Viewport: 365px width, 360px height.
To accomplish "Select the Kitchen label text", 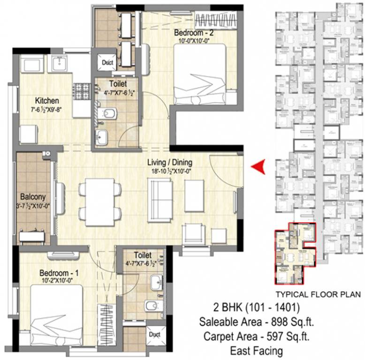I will click(x=47, y=101).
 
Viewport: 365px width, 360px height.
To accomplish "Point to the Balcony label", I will click(x=33, y=197).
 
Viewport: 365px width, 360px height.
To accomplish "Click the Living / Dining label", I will click(x=170, y=163).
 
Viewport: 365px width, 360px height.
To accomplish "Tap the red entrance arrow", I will click(x=258, y=166).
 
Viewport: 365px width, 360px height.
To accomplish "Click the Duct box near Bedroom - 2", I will click(x=106, y=62).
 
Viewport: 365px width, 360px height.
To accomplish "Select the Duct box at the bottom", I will click(x=154, y=335).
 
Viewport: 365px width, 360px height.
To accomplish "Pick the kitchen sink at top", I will click(x=61, y=63).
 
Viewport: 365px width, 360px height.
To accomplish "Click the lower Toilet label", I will click(x=142, y=255).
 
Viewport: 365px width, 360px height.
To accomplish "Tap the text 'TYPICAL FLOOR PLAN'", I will click(x=318, y=295).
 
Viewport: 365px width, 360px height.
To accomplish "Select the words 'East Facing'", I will click(x=256, y=350).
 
